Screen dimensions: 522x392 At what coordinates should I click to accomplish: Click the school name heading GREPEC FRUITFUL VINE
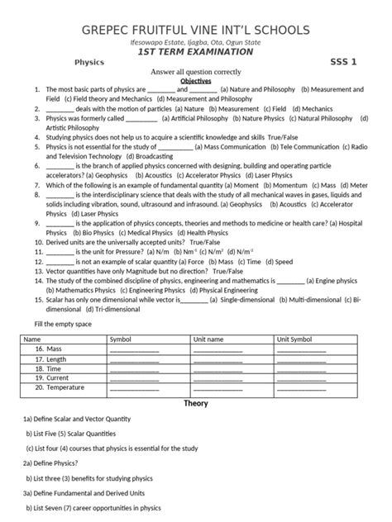(196, 31)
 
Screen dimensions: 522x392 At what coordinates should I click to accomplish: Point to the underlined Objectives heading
(196, 82)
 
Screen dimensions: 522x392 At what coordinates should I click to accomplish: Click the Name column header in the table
(32, 339)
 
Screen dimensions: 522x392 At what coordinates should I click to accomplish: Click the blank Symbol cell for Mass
(134, 349)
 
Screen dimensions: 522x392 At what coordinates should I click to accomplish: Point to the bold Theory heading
(196, 403)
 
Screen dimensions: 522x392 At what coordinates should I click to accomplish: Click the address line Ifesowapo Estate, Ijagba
(196, 43)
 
